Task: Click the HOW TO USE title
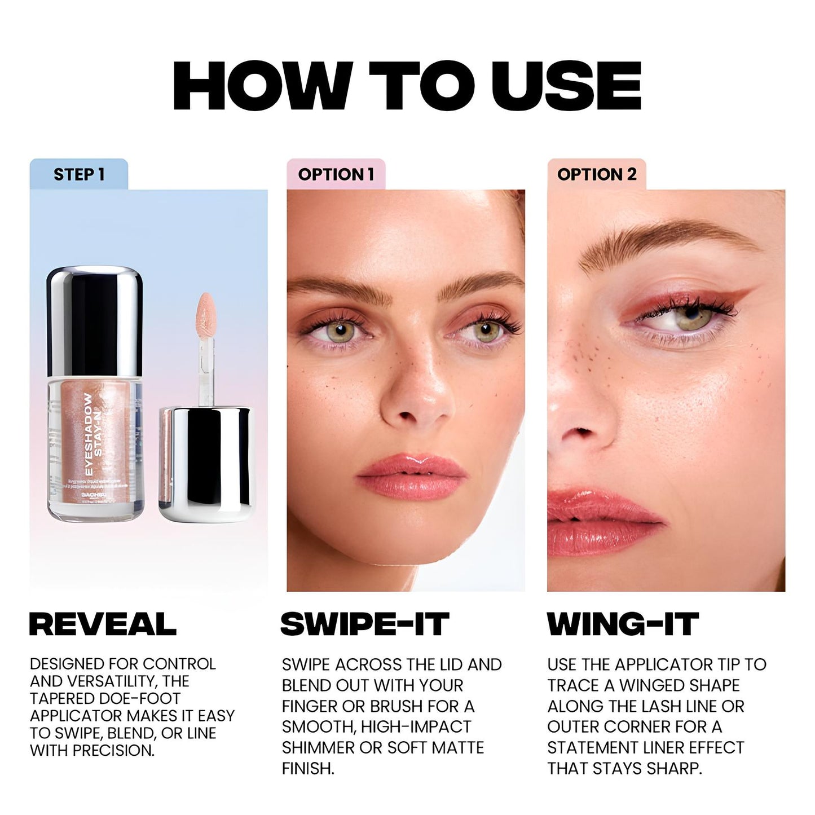[x=407, y=86]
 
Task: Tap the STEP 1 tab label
[x=79, y=174]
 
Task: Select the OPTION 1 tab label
[x=336, y=174]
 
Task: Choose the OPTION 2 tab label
[x=596, y=174]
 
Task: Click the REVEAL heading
[x=103, y=624]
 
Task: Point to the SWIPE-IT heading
[x=364, y=624]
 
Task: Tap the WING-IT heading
[x=623, y=624]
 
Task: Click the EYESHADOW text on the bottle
[x=89, y=434]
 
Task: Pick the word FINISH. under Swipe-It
[x=308, y=768]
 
